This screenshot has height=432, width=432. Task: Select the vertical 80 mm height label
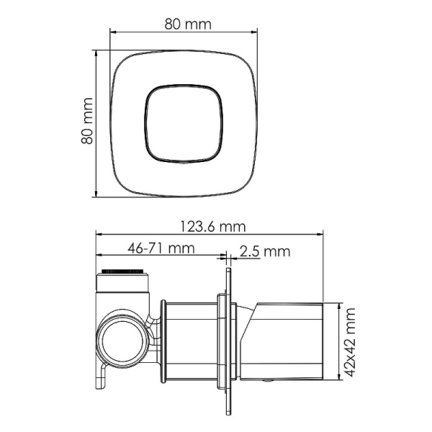(x=87, y=122)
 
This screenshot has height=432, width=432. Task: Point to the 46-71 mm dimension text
(x=162, y=249)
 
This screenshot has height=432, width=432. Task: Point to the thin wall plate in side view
(x=229, y=338)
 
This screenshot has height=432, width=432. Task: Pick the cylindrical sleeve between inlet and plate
(x=191, y=338)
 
